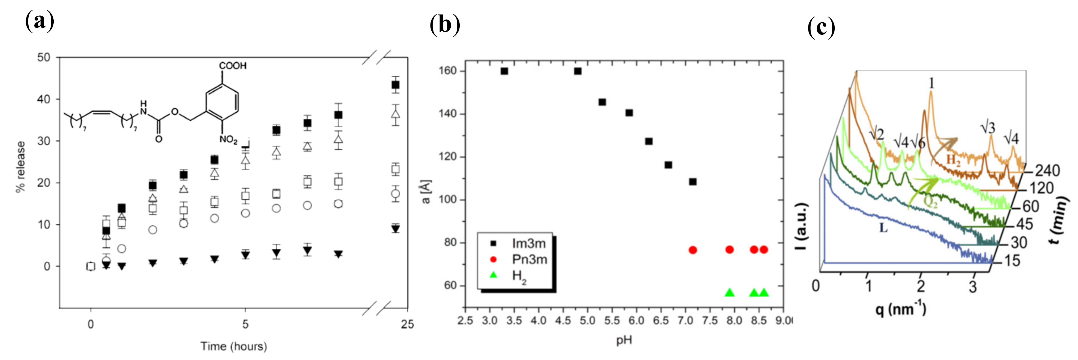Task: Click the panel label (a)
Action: point(40,21)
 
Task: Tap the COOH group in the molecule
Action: point(233,66)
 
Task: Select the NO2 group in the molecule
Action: point(229,139)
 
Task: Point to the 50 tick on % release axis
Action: point(43,57)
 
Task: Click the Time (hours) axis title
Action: point(234,346)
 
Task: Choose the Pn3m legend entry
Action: point(529,260)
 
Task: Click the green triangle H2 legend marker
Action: point(493,275)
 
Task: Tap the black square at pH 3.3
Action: point(504,71)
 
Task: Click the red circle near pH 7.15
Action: point(692,250)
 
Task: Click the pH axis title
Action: point(623,340)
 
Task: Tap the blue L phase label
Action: point(883,228)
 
